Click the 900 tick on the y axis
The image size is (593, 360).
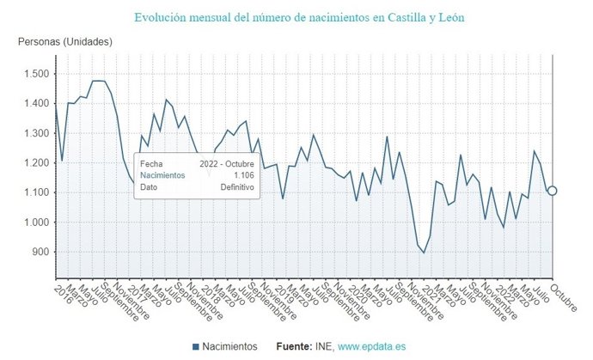[x=40, y=252]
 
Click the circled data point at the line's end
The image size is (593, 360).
[x=553, y=191]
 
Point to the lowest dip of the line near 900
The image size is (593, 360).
[x=424, y=253]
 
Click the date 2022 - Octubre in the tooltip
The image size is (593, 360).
[x=226, y=162]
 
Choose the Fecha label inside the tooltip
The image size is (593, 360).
[x=151, y=162]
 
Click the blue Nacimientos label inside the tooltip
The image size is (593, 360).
[x=162, y=174]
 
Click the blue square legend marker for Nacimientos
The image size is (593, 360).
[x=196, y=346]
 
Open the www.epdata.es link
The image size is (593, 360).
[x=373, y=346]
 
